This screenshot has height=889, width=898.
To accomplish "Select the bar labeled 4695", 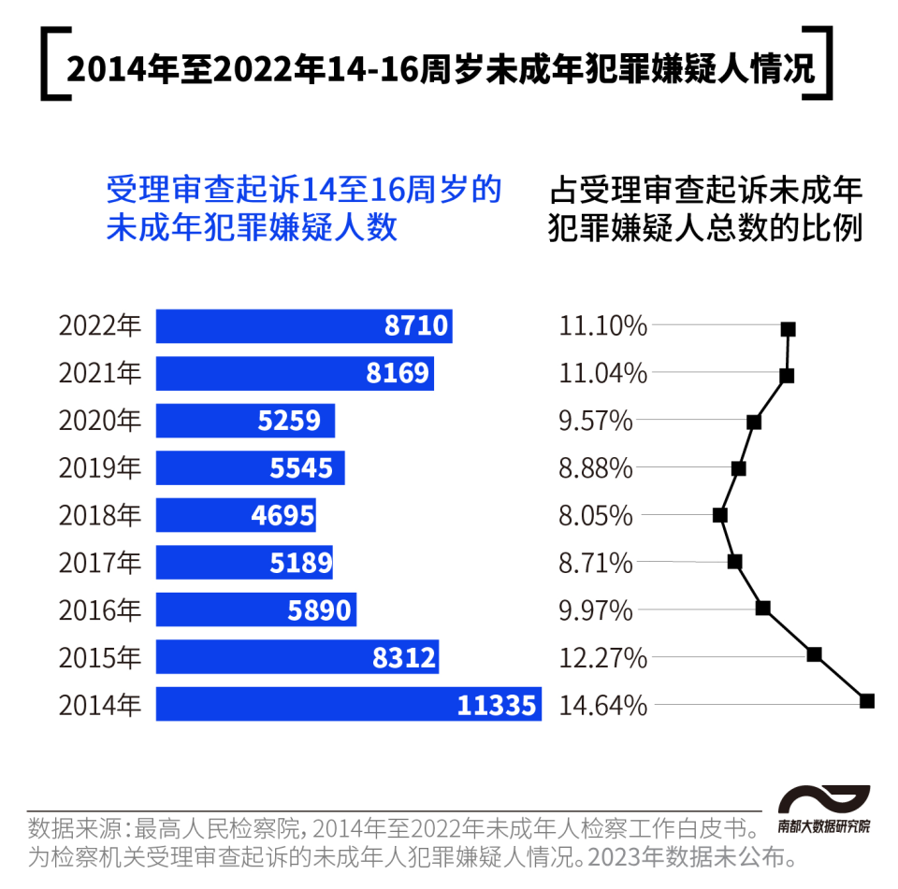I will tap(236, 515).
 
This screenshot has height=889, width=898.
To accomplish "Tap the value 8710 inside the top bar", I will tap(416, 326).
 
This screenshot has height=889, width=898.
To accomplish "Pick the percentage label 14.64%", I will tap(603, 704).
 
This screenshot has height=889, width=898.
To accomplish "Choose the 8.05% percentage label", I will tap(596, 515).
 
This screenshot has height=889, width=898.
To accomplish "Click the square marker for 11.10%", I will tap(788, 329).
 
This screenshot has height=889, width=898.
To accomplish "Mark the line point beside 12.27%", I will tap(814, 654).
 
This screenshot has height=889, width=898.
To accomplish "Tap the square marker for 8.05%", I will tap(719, 515).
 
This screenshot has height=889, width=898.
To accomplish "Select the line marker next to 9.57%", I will tap(754, 423).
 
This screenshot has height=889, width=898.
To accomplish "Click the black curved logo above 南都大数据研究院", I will tap(824, 800).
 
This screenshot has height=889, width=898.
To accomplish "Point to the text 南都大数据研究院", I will tap(823, 826).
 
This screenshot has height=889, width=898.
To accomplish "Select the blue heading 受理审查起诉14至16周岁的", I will tap(304, 190).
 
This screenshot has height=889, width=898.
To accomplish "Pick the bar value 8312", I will tap(404, 657).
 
